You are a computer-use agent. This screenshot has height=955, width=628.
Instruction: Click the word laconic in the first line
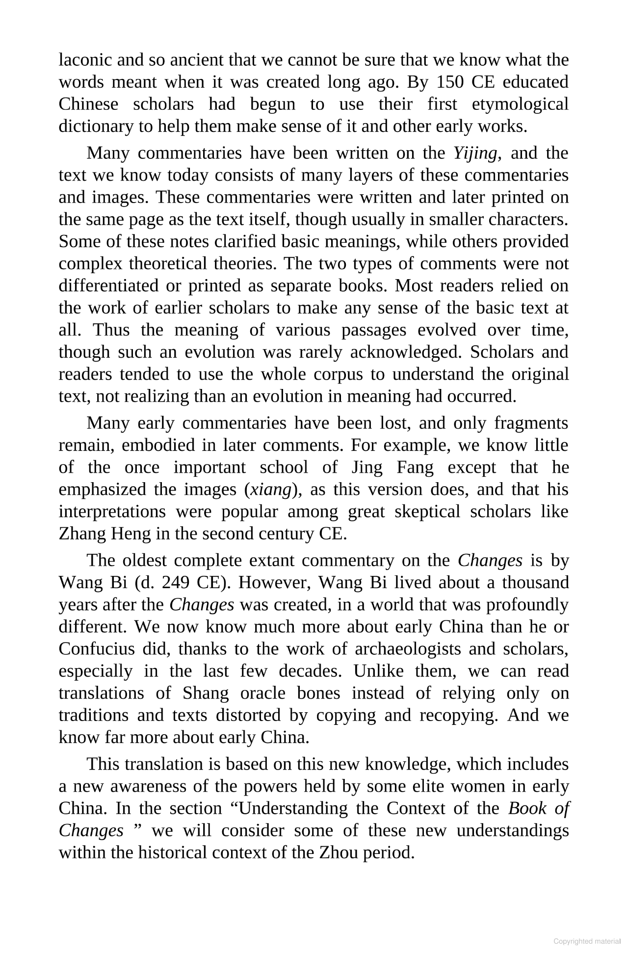pos(83,60)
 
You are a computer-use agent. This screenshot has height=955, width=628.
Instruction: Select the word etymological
pos(520,104)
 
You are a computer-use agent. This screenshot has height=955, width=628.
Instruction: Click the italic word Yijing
pos(475,154)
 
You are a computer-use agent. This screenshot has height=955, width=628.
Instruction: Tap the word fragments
pos(531,423)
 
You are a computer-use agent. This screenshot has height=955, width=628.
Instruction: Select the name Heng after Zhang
pos(126,534)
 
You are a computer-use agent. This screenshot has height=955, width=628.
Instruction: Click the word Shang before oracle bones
pos(206,693)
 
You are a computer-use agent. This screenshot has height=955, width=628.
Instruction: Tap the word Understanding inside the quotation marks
pos(289,808)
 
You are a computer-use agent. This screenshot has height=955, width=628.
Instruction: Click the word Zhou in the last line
pos(339,852)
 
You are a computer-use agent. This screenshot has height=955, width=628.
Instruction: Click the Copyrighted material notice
pos(587,941)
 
